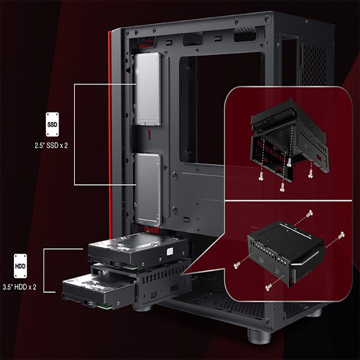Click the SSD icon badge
[x=52, y=124]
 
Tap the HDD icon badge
[x=20, y=266]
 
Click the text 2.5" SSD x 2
[x=51, y=145]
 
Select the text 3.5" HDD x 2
[x=19, y=287]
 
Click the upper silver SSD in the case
[x=147, y=89]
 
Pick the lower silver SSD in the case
[x=147, y=189]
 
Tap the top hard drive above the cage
[x=138, y=250]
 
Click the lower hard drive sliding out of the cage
[x=99, y=290]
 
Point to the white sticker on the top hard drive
[x=169, y=251]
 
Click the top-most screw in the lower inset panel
[x=309, y=213]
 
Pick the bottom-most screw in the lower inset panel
[x=269, y=287]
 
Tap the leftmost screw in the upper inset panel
[x=260, y=176]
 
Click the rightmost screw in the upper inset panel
[x=310, y=173]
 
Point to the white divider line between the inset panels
[x=288, y=200]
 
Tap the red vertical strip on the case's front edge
[x=110, y=133]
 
